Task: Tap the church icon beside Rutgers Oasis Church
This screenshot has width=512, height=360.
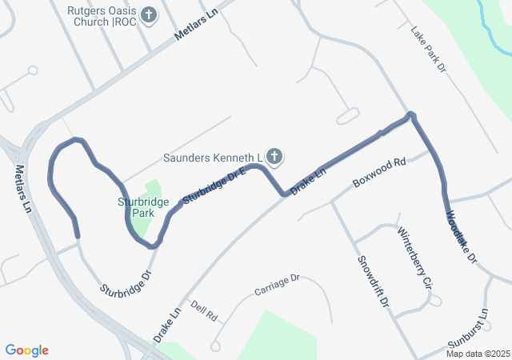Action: (x=149, y=14)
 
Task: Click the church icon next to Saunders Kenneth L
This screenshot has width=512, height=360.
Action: (x=274, y=156)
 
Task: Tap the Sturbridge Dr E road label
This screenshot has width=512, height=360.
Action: (x=213, y=186)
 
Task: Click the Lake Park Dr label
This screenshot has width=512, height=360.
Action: (x=428, y=51)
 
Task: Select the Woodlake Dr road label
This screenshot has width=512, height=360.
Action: (x=462, y=237)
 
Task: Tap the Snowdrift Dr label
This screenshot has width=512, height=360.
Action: (x=373, y=282)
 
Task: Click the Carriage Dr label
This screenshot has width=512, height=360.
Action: (x=277, y=283)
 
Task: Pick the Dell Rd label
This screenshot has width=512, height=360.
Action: (x=205, y=311)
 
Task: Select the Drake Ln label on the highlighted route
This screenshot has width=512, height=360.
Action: (x=309, y=182)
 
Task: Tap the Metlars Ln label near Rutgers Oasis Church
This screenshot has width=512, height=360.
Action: (x=196, y=30)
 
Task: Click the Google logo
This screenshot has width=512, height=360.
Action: (x=27, y=350)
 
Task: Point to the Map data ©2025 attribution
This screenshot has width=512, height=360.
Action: (x=478, y=354)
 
